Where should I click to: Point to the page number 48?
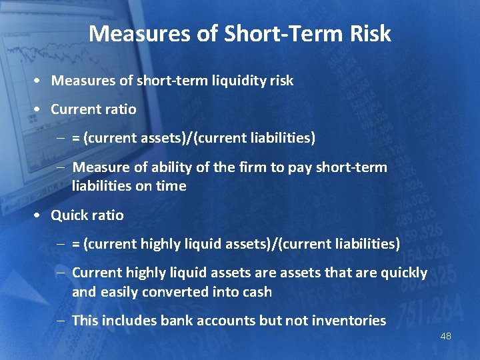point(445,336)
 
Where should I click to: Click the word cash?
point(257,292)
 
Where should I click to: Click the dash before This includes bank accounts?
point(61,321)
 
